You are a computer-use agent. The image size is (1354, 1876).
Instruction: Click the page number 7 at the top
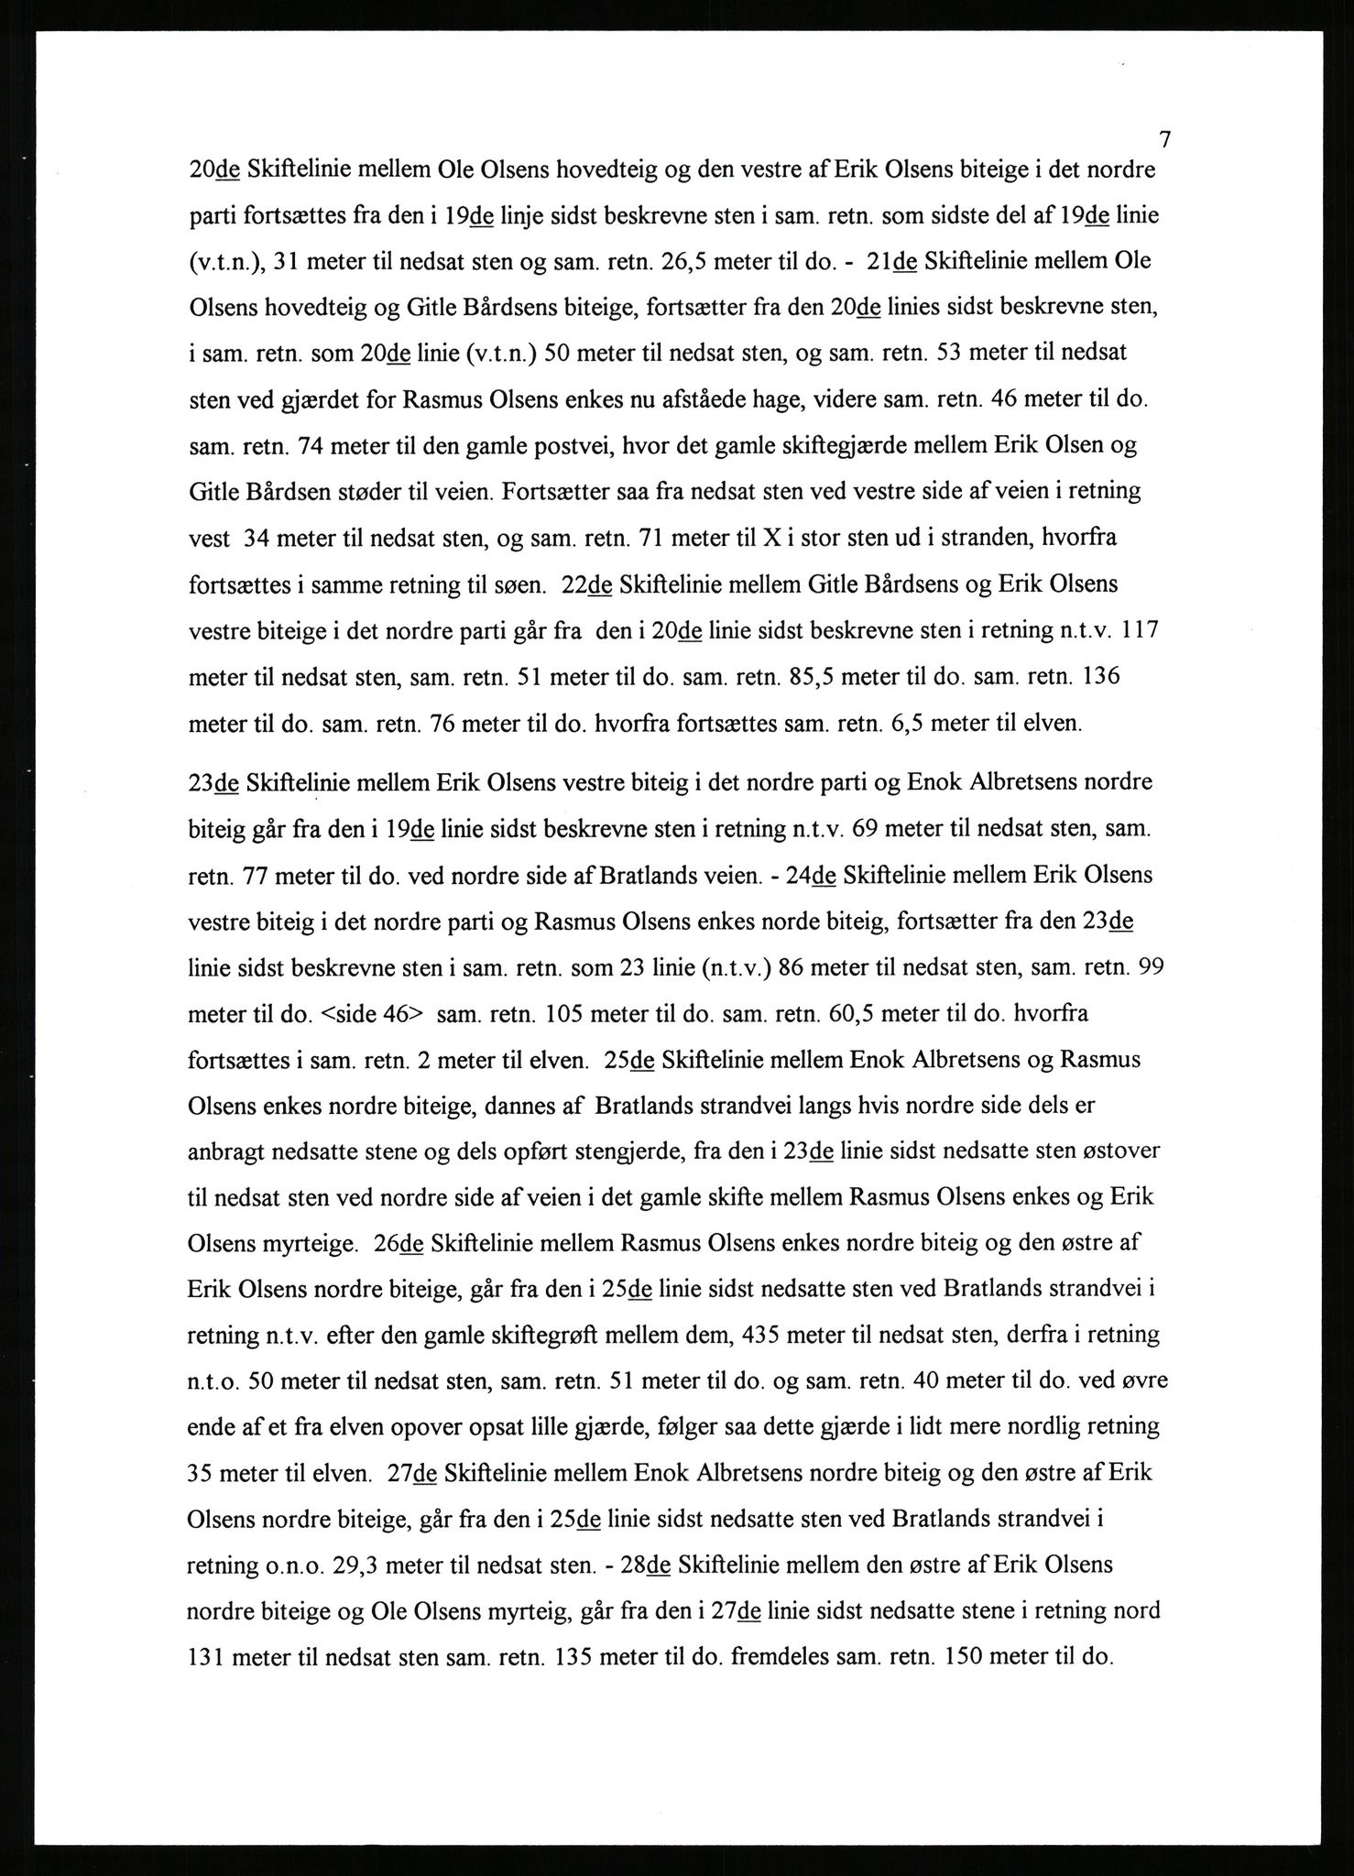coord(1164,140)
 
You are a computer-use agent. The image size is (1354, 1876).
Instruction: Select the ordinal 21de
coord(891,261)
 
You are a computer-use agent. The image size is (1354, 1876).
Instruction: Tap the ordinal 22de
coord(586,585)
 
